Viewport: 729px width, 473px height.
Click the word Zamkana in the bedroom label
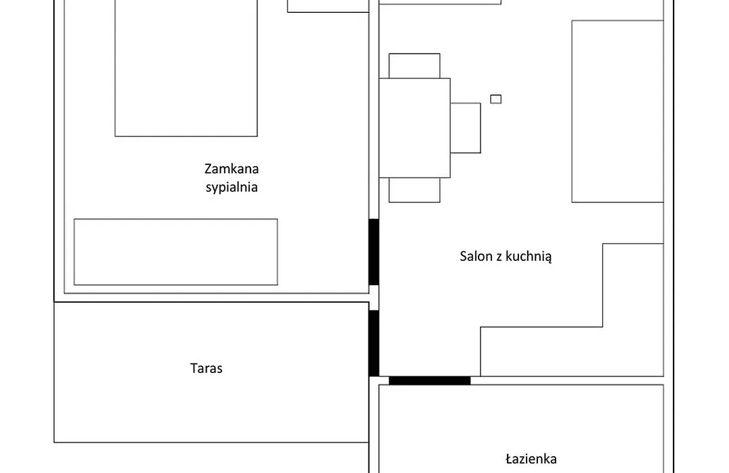click(x=232, y=168)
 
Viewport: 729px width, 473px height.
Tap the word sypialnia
click(x=232, y=187)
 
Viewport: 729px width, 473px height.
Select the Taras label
click(x=207, y=368)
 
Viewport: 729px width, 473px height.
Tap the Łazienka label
click(x=531, y=459)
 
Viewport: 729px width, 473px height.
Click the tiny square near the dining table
click(x=495, y=99)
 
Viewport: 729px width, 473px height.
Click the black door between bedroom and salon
click(x=374, y=252)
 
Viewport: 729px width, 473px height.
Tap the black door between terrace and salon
click(x=374, y=343)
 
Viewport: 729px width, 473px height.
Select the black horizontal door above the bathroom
click(x=429, y=381)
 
